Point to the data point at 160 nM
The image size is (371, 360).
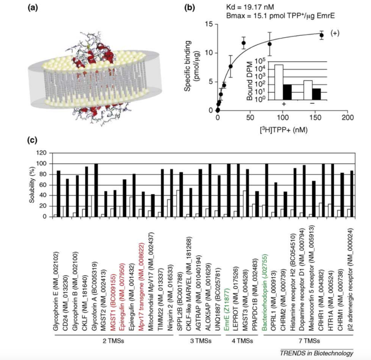point(322,35)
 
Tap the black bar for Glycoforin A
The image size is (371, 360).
point(96,190)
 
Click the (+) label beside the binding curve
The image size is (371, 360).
point(335,34)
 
